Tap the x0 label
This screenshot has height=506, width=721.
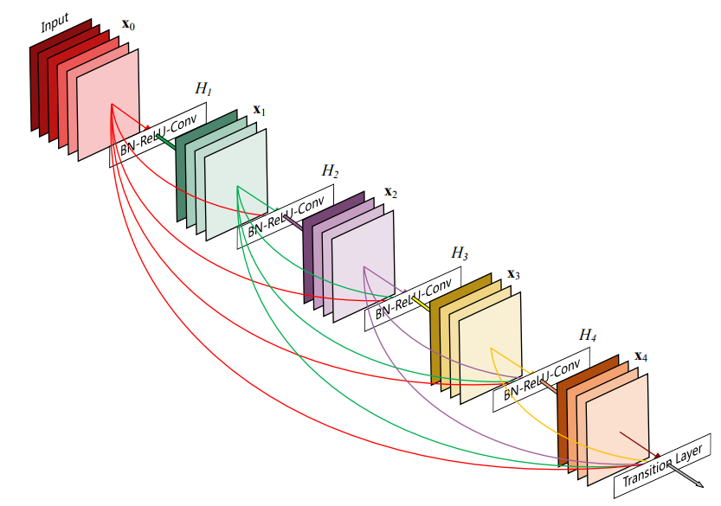(x=128, y=25)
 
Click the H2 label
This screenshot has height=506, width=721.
(x=330, y=171)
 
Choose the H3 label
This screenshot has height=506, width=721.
(x=460, y=253)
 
